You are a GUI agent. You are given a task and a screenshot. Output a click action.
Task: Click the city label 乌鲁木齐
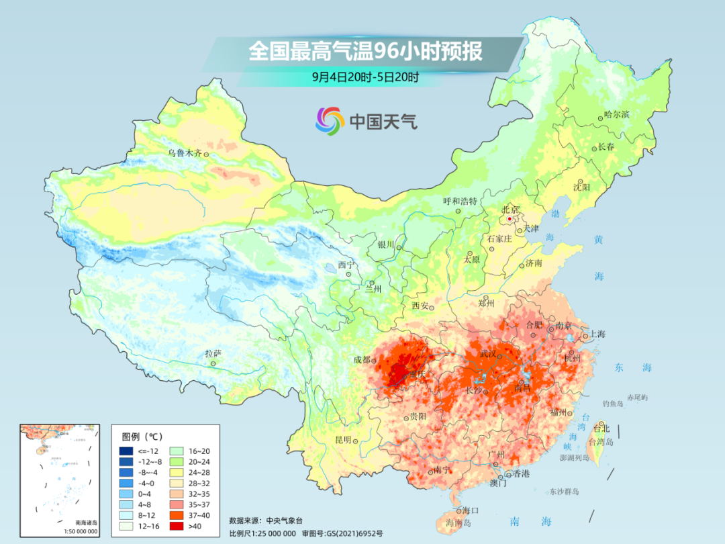[184, 153]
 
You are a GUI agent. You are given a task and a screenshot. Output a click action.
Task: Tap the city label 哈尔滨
[616, 114]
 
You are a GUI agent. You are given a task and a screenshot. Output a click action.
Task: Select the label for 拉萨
[213, 353]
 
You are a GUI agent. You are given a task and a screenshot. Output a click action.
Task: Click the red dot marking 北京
[510, 219]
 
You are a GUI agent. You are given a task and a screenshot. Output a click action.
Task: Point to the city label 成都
[362, 360]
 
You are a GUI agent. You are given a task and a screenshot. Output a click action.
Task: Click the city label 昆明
[342, 439]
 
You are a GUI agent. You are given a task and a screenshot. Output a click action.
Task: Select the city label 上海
[597, 334]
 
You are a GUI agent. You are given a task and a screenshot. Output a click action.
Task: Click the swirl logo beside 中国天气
[330, 121]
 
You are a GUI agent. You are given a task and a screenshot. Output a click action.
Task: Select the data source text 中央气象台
[285, 520]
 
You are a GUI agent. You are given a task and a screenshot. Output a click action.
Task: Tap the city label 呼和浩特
[460, 201]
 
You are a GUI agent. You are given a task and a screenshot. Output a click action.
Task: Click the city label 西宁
[345, 265]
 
